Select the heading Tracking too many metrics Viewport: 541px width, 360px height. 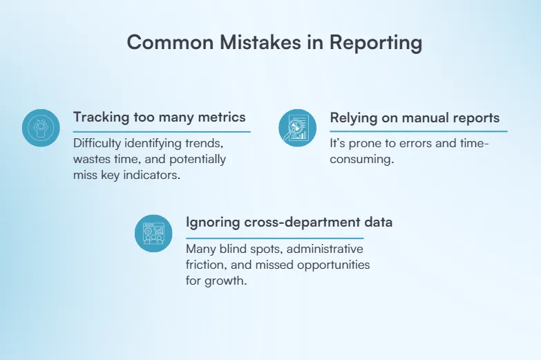[159, 117]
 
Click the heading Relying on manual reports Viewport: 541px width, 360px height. [415, 118]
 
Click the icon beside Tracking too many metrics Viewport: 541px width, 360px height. [42, 127]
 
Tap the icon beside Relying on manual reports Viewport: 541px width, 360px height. [298, 127]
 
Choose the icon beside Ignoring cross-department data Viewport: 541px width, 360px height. [153, 233]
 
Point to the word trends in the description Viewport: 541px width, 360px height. [205, 144]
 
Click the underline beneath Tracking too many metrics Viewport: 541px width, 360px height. [162, 131]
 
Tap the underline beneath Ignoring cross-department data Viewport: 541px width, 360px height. [284, 237]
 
